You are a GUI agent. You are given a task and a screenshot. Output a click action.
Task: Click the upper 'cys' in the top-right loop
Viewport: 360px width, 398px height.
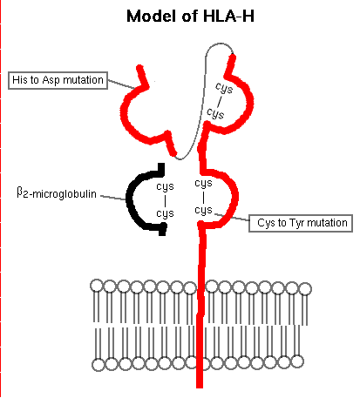[225, 87]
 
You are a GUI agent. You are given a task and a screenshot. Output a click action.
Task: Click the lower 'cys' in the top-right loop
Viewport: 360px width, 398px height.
[225, 113]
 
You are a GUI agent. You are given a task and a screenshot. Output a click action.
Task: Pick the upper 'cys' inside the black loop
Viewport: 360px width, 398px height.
[164, 186]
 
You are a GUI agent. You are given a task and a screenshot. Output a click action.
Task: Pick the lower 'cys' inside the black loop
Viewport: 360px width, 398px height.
[164, 213]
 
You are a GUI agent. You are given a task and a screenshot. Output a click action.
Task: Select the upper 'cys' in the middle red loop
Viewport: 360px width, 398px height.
[203, 184]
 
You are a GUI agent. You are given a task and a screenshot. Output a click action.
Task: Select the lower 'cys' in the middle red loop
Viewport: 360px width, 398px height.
[203, 210]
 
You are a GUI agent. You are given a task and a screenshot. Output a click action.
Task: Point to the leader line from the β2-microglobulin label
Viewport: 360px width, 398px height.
[114, 196]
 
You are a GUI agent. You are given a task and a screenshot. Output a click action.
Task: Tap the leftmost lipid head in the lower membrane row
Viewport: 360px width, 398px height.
[98, 362]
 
